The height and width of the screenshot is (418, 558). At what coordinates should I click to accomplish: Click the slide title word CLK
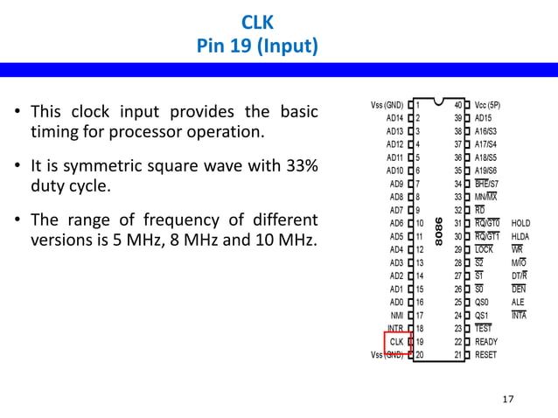coord(257,21)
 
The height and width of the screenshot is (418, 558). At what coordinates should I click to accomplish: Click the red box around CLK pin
coord(397,342)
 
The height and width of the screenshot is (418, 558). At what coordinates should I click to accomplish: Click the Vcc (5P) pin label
coord(493,104)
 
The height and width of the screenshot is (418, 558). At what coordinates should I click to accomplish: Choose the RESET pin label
coord(486,355)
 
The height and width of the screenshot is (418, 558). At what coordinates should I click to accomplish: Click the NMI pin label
coord(395,315)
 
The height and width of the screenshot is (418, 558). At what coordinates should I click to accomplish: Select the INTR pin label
coord(394,329)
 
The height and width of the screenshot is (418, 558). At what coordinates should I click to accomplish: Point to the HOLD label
coord(521,223)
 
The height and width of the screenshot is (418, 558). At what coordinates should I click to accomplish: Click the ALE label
coord(518,302)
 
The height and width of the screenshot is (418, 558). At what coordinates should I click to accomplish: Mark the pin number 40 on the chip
coord(458,104)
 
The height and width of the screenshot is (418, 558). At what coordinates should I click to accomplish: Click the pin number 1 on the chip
coord(419,104)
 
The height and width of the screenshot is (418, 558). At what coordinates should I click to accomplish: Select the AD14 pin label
coord(394,117)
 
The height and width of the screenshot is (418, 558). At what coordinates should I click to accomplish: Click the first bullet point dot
coord(17,114)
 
